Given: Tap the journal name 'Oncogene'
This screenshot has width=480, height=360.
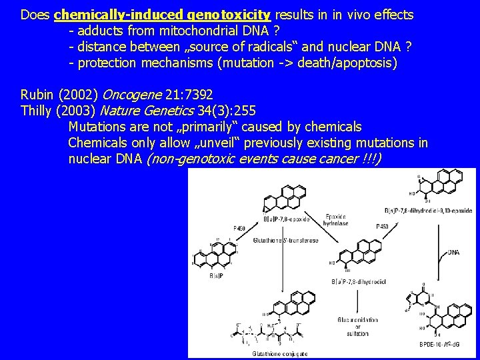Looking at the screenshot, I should pos(130,94).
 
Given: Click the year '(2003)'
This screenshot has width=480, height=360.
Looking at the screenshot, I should pos(83,110).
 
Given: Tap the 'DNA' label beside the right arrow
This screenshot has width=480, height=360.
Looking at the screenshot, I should pos(454,252).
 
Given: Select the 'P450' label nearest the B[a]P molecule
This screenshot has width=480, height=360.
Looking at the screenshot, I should pos(239,228).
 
